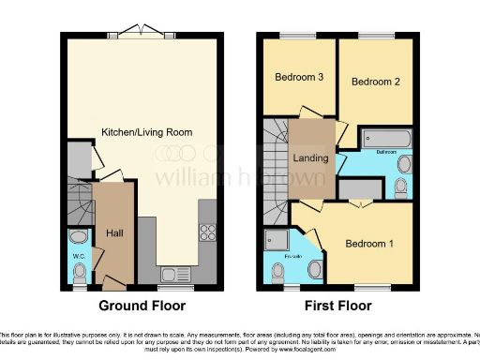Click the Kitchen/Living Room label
tap(147, 132)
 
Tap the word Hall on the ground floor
tap(114, 232)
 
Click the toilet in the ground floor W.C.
tap(80, 272)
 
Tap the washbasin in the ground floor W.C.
tap(79, 236)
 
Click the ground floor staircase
tap(81, 202)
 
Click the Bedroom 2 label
tap(376, 82)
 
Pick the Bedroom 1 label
tap(368, 244)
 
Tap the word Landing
tap(310, 157)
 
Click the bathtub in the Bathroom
tap(385, 139)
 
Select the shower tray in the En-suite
tap(279, 240)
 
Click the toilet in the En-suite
tap(277, 273)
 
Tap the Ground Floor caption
tap(142, 306)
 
